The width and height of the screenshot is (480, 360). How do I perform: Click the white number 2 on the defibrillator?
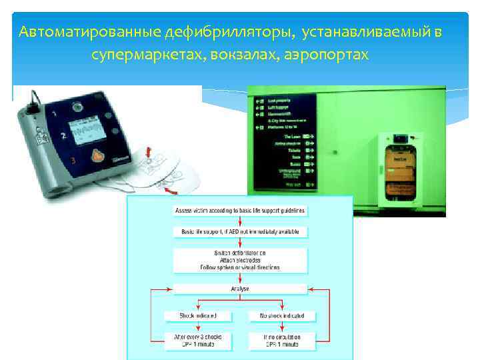[62, 135]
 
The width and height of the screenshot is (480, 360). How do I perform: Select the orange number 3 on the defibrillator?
[73, 161]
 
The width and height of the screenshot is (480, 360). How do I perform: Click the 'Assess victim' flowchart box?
[240, 211]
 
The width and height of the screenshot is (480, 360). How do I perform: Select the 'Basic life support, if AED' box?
[240, 232]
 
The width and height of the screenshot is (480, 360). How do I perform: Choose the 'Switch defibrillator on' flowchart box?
[240, 260]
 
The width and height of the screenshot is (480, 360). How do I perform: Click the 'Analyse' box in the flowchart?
[240, 289]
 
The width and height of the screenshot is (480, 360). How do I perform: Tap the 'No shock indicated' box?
[277, 315]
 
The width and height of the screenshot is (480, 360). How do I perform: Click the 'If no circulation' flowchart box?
[277, 341]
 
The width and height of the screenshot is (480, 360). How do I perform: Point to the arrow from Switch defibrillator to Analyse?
[240, 279]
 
